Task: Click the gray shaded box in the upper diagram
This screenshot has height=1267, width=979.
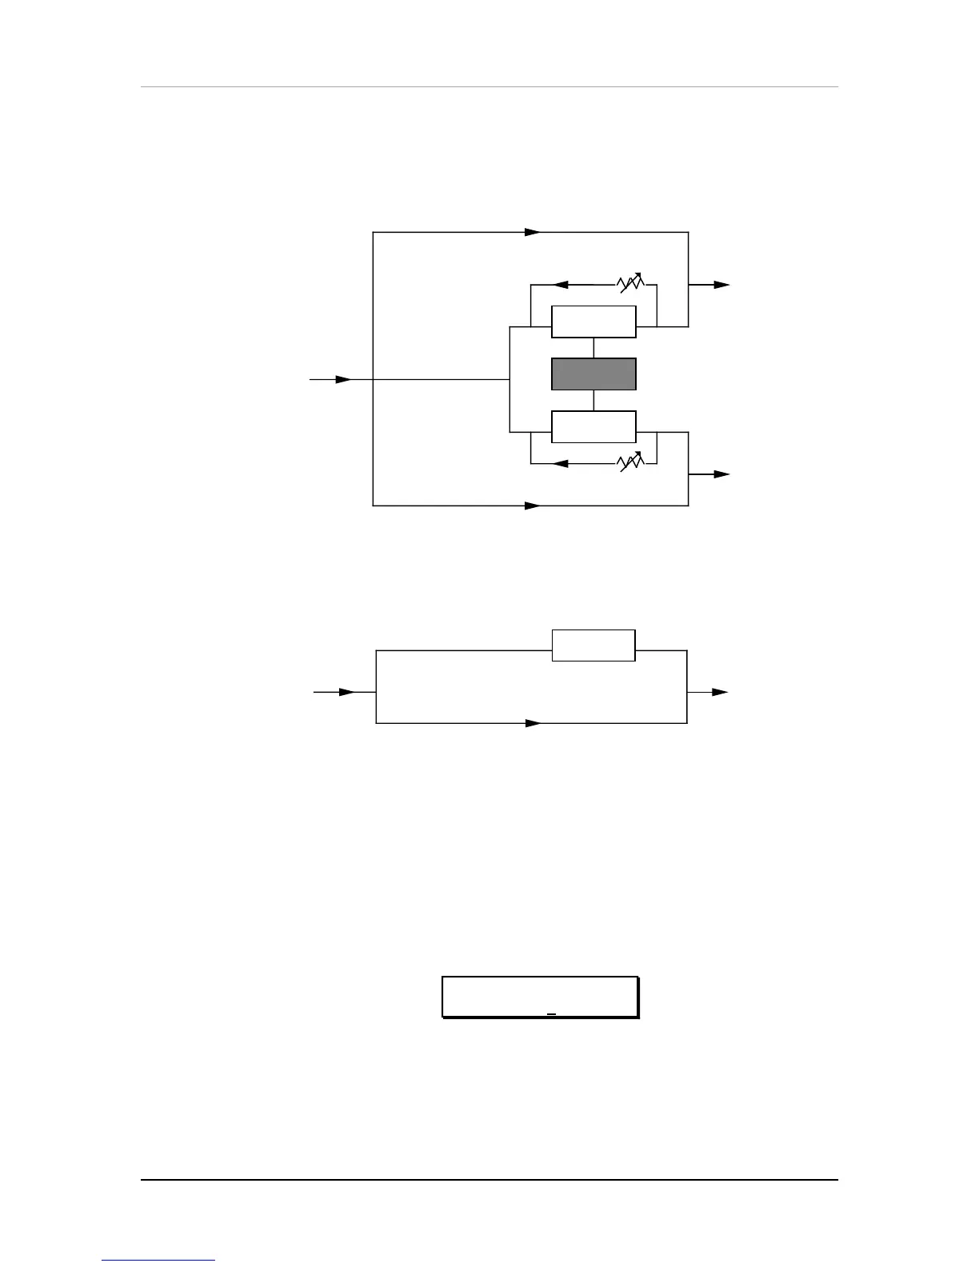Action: click(593, 374)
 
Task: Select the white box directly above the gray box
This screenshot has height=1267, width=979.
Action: click(593, 322)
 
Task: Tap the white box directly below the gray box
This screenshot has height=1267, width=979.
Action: click(593, 426)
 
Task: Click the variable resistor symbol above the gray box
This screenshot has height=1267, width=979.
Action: click(630, 284)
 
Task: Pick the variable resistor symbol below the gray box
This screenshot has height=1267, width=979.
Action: click(630, 463)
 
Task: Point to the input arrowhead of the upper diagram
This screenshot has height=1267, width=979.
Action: click(343, 379)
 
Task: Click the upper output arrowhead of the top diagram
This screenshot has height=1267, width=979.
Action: click(721, 285)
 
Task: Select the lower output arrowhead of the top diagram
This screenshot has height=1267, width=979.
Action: click(721, 474)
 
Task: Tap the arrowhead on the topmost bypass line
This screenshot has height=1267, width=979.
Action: click(533, 232)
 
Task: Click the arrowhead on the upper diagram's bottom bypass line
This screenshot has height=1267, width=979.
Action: click(533, 506)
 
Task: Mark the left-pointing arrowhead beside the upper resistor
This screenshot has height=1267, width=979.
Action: click(561, 284)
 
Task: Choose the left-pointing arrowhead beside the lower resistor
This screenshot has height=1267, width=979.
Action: click(561, 463)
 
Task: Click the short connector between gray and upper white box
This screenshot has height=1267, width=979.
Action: click(593, 348)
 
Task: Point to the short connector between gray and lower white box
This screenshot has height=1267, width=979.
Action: click(593, 400)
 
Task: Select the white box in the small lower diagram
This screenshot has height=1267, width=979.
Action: click(593, 645)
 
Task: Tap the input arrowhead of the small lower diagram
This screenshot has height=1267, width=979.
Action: click(346, 692)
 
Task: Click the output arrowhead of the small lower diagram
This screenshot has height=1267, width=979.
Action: click(720, 692)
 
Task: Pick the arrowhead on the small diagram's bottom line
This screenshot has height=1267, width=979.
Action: click(533, 723)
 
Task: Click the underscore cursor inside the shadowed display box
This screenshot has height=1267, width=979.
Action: click(551, 1014)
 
